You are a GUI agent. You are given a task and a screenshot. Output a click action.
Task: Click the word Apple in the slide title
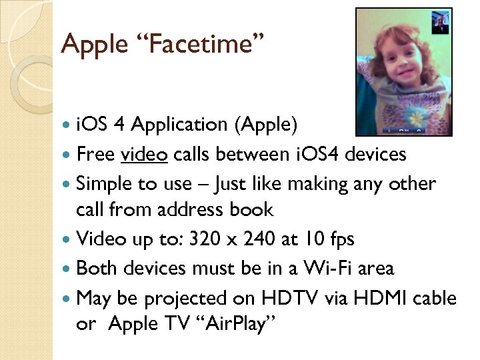pos(93,45)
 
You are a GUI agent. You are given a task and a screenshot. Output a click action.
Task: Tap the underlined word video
pos(144,155)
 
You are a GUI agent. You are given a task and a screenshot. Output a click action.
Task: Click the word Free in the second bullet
pos(96,155)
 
